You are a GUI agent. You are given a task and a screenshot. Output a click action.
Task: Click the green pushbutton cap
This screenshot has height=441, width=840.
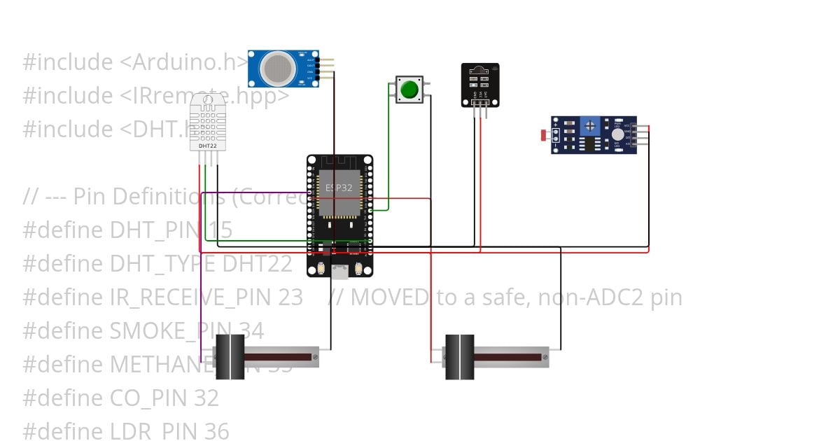[409, 90]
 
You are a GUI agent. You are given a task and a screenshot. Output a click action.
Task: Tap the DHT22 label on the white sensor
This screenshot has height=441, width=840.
[207, 146]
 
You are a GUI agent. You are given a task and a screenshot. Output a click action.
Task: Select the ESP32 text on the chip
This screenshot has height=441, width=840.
[339, 188]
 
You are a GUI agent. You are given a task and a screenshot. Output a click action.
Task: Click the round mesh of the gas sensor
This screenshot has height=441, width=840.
[278, 68]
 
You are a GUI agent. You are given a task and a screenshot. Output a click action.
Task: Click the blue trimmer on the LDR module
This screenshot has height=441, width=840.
[590, 125]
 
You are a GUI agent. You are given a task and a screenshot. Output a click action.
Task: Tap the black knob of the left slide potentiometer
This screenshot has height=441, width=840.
[230, 357]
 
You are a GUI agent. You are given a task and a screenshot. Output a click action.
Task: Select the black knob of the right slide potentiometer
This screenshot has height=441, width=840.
[459, 357]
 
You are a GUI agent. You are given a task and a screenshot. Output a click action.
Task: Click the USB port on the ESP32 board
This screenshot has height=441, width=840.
[339, 271]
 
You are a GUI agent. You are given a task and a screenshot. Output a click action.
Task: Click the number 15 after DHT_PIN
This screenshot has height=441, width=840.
[220, 230]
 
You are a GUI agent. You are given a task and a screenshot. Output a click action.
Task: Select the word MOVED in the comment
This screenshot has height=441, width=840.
[389, 297]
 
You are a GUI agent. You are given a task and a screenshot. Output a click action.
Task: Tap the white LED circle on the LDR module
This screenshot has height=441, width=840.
[617, 134]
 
